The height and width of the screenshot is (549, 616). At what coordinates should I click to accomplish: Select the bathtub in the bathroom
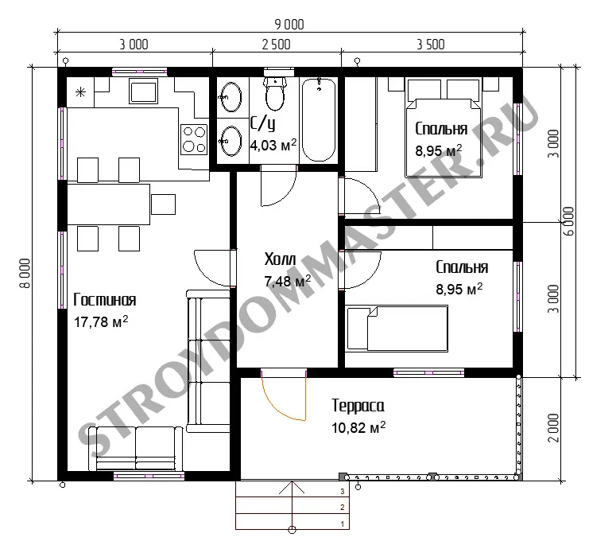coord(319,120)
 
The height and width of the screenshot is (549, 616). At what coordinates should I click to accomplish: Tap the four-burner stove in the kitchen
coord(194,139)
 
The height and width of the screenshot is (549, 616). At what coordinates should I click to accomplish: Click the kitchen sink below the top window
coord(143,91)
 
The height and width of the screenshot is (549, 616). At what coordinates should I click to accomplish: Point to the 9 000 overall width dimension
coord(289,25)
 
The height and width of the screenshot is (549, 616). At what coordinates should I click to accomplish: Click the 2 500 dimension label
coord(276,45)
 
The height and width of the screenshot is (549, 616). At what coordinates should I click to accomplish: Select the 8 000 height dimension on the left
coord(25,274)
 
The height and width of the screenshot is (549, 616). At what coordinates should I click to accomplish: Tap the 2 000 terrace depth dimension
coord(553,428)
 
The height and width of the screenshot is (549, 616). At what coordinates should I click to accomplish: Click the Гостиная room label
coord(105,300)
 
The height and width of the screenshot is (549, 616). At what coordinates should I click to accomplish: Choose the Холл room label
coord(280,259)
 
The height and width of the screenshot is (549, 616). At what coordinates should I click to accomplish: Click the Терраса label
coord(358,406)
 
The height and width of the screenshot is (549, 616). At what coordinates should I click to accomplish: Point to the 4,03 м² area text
coord(273,145)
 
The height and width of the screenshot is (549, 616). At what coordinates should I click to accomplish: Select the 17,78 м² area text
coord(101,321)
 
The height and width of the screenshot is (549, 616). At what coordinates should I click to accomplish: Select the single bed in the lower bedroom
coord(397,329)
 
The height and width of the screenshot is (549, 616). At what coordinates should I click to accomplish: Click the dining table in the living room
coord(108,204)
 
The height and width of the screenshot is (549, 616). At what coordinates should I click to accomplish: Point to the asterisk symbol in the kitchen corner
coord(80,92)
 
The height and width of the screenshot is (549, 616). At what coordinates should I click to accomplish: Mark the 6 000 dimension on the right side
coord(568,221)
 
